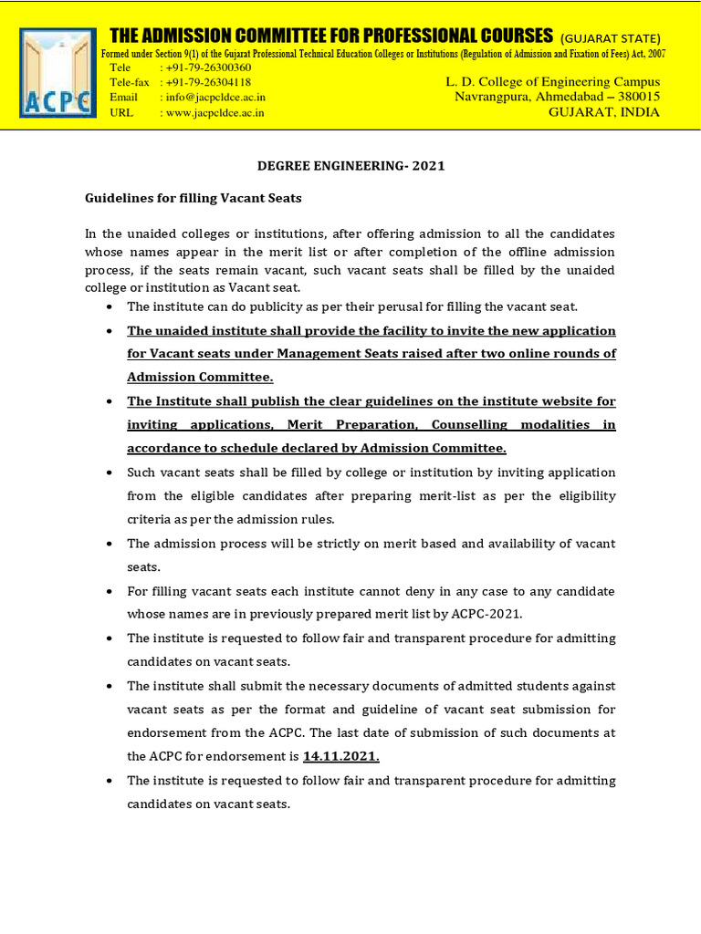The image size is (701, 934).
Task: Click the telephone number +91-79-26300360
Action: click(x=208, y=67)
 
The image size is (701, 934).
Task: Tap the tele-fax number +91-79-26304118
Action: click(x=208, y=82)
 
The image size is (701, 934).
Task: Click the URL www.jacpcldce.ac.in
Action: click(x=215, y=112)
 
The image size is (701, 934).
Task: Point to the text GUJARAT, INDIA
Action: click(x=603, y=112)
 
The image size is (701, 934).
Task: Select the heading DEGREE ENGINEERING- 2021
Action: click(x=350, y=166)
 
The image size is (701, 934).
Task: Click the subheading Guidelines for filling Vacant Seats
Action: click(x=194, y=197)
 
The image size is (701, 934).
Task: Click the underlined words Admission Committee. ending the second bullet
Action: click(x=200, y=378)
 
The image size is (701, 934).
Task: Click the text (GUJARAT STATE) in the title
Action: click(x=611, y=38)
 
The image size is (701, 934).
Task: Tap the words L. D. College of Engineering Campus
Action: click(x=552, y=82)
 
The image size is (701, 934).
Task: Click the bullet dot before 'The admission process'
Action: click(x=110, y=544)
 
